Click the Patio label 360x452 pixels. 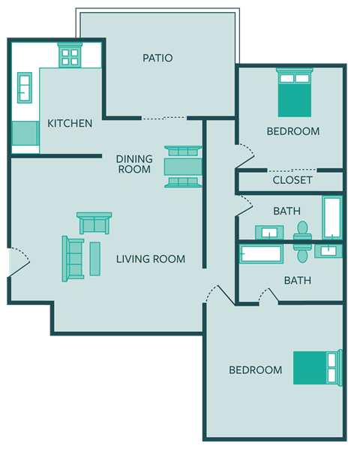(x=157, y=58)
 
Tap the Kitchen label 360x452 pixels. (x=70, y=123)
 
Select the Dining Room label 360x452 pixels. (x=134, y=164)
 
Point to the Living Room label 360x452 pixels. (x=150, y=259)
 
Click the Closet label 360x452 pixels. (x=292, y=180)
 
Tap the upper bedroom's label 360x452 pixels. (x=292, y=131)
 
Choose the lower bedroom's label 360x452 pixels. (x=255, y=369)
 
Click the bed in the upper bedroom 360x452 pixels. (x=294, y=92)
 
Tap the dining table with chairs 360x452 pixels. (x=183, y=166)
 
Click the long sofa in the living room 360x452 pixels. (x=73, y=258)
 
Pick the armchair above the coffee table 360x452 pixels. (x=94, y=223)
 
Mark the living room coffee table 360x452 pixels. (x=95, y=258)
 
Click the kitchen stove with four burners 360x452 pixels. (x=70, y=56)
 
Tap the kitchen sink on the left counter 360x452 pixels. (x=25, y=87)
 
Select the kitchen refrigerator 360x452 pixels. (x=25, y=133)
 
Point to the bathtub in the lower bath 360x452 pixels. (x=261, y=254)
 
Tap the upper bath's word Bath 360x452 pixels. (x=286, y=211)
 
